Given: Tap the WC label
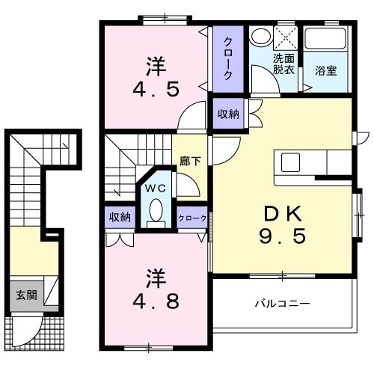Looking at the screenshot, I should [156, 186].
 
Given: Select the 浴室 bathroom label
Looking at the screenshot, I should [325, 71].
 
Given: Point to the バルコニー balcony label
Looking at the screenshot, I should [282, 304].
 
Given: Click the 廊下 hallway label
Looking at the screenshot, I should [188, 160].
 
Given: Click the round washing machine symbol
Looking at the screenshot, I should [260, 37].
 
